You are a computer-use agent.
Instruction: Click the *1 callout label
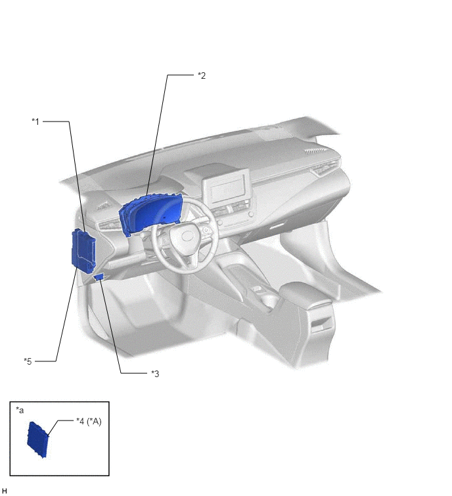tap(35, 122)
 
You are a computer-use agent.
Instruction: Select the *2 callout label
tap(202, 76)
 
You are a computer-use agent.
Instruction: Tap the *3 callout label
tap(155, 374)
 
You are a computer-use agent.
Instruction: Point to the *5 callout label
tap(28, 361)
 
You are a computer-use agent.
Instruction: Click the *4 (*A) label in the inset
tap(89, 422)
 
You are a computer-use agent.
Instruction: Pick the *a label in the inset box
tap(20, 411)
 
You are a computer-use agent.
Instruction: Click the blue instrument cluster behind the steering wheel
tap(150, 214)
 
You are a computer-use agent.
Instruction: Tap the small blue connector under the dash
tap(99, 277)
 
